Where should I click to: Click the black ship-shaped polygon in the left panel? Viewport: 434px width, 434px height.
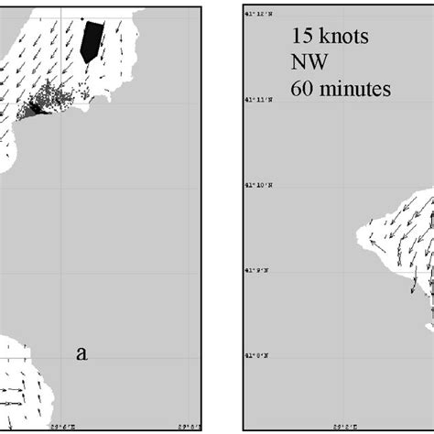coord(92,41)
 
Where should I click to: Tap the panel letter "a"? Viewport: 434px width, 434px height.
coord(81,353)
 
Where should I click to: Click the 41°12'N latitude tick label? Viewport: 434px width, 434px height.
coord(257,14)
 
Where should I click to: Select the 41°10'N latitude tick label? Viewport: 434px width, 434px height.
coord(257,184)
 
